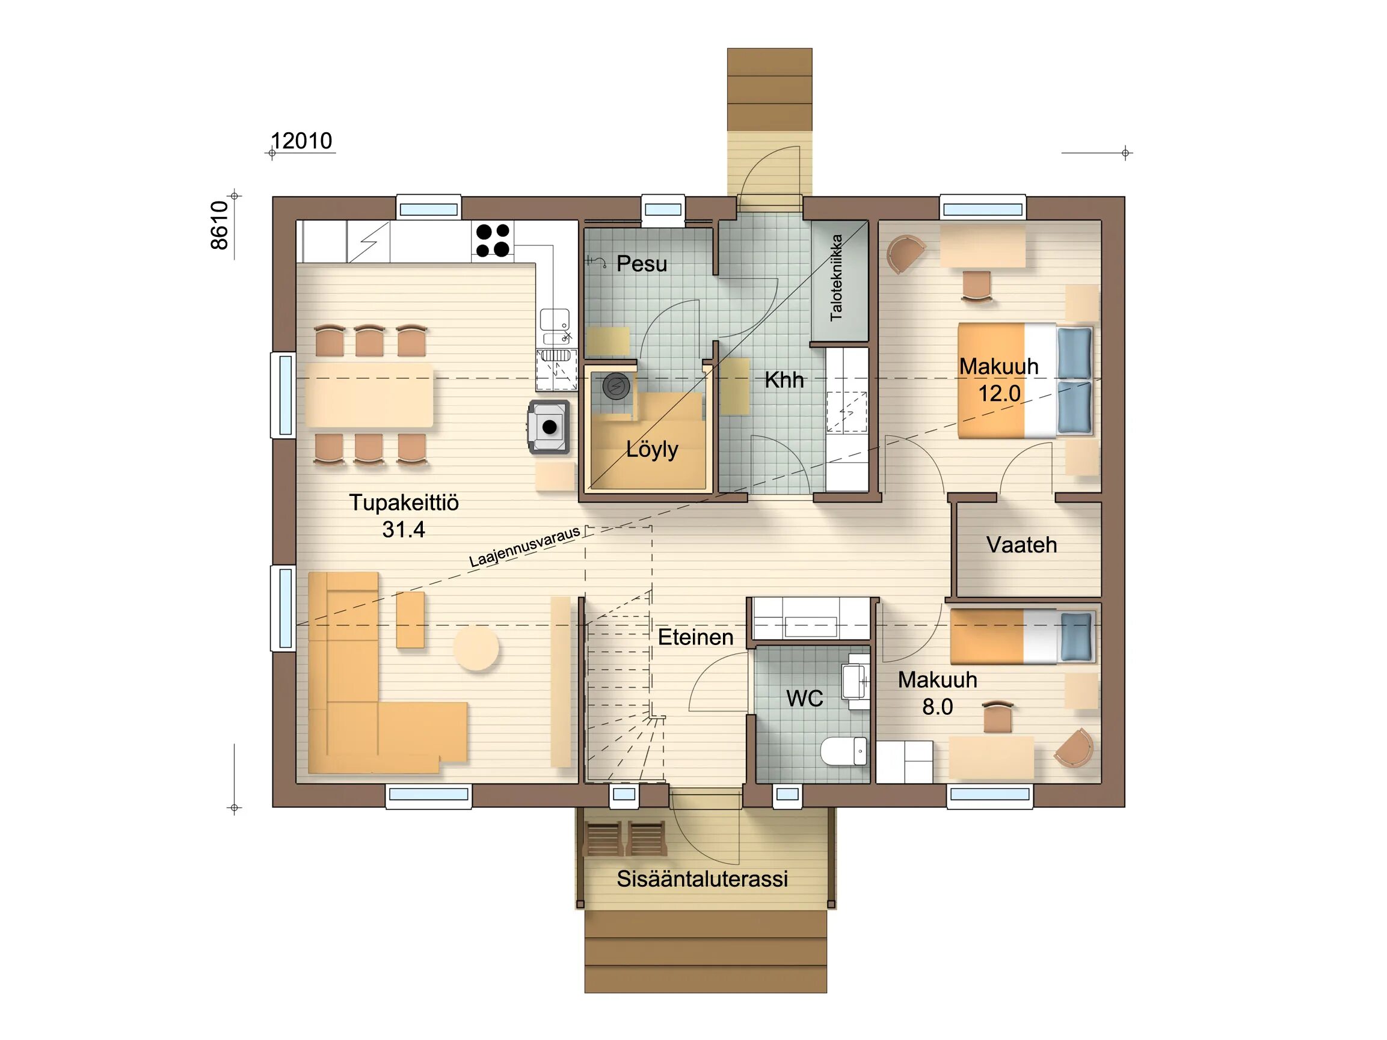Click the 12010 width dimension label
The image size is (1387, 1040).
pyautogui.click(x=301, y=141)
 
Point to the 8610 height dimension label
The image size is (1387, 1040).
pyautogui.click(x=220, y=225)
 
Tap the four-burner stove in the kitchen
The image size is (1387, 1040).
pyautogui.click(x=493, y=240)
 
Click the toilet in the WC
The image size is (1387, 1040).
pyautogui.click(x=843, y=751)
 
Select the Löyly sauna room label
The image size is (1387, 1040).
pyautogui.click(x=652, y=450)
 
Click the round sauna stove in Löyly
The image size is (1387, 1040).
pyautogui.click(x=616, y=387)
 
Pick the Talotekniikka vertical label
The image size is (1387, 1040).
pyautogui.click(x=836, y=278)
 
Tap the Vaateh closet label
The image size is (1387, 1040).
pyautogui.click(x=1021, y=545)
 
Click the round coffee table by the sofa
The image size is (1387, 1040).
pyautogui.click(x=476, y=647)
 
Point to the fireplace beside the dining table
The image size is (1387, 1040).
pyautogui.click(x=549, y=427)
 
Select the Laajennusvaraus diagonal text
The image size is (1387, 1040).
pyautogui.click(x=525, y=547)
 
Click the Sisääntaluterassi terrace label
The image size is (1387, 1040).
pyautogui.click(x=703, y=879)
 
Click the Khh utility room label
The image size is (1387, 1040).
pyautogui.click(x=784, y=379)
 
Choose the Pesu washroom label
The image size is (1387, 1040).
pyautogui.click(x=641, y=263)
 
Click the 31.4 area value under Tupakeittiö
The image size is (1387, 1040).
pyautogui.click(x=404, y=530)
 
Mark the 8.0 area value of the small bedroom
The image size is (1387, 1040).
pyautogui.click(x=938, y=706)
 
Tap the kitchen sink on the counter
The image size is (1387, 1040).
pyautogui.click(x=555, y=326)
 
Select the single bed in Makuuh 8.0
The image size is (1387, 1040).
pyautogui.click(x=1023, y=637)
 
